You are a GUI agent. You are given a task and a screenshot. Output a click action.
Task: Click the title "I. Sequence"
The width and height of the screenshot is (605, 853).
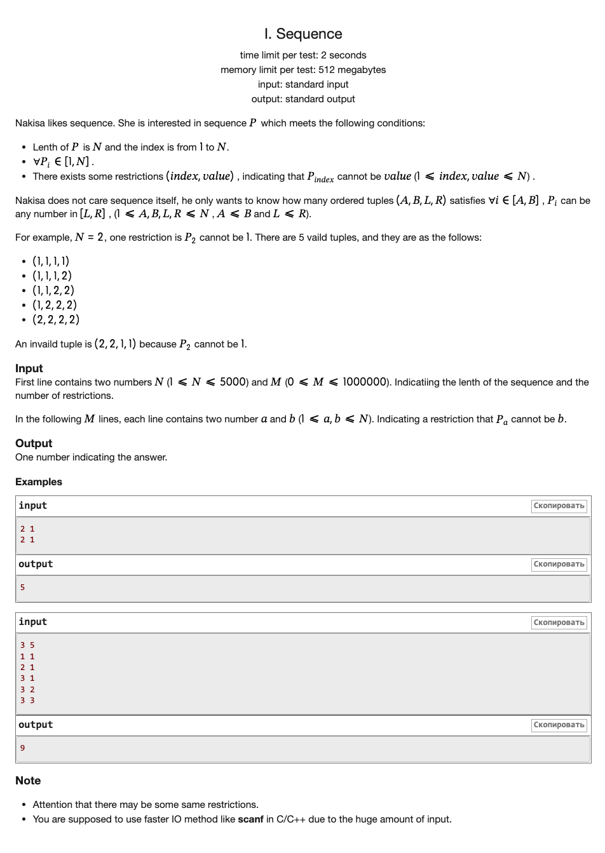[x=303, y=34]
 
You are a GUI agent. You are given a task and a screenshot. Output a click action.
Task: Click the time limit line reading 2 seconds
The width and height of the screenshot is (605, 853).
[x=303, y=55]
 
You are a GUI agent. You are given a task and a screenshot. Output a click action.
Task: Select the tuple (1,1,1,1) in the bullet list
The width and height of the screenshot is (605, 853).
[x=51, y=261]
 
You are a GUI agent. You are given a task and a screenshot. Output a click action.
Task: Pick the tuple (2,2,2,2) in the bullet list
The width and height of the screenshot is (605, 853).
[x=56, y=319]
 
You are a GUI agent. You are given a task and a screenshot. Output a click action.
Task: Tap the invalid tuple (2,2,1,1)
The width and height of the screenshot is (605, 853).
[x=115, y=344]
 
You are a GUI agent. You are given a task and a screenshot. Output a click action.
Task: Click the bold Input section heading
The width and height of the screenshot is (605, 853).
[x=29, y=368]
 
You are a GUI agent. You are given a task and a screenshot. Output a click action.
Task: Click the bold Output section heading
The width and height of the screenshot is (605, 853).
[x=34, y=443]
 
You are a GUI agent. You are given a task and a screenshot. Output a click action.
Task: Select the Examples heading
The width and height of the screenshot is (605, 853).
[x=39, y=481]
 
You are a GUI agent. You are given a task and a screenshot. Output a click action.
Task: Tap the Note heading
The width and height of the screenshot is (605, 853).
[x=28, y=781]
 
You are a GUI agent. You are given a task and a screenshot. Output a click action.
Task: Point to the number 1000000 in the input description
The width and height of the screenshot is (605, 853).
[x=365, y=382]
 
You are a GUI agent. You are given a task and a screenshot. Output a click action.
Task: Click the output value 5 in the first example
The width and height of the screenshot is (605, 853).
[x=23, y=588]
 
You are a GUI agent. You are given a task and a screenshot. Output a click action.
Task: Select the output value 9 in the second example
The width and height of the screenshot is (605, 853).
[x=23, y=748]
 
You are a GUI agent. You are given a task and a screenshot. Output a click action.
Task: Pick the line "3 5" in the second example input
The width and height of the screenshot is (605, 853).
[x=27, y=645]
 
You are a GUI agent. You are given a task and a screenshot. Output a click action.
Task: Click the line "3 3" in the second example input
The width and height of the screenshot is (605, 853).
[x=27, y=701]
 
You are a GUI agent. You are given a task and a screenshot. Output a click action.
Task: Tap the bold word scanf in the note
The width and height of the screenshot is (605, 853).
[x=250, y=819]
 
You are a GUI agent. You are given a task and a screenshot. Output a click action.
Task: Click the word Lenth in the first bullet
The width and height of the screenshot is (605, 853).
[x=46, y=147]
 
